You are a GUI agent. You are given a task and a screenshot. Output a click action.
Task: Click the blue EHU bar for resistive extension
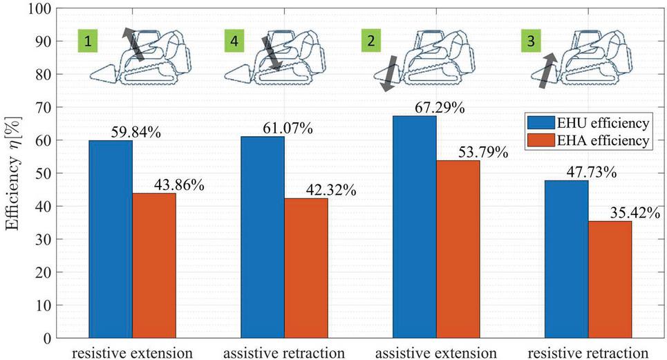(111, 239)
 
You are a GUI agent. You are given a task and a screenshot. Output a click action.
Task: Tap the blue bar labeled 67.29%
(414, 227)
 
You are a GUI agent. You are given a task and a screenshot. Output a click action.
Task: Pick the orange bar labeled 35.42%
(609, 279)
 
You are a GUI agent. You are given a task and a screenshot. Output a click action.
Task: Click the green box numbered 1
(88, 41)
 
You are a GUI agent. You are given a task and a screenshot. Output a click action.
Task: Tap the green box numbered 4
(235, 41)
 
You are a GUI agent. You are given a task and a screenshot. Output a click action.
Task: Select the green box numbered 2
(372, 41)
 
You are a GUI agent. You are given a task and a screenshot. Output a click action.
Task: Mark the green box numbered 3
(531, 41)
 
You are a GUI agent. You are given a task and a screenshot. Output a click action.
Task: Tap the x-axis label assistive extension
(435, 352)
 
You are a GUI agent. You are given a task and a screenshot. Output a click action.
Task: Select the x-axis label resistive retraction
(588, 352)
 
